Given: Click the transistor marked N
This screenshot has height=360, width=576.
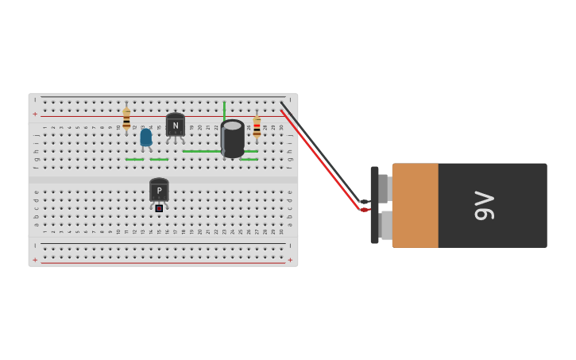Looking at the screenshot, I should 176,125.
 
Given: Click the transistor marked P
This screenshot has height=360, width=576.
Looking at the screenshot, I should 159,190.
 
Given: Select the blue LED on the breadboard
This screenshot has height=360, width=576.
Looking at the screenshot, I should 145,137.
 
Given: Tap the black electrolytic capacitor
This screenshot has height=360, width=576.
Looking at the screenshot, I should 233,138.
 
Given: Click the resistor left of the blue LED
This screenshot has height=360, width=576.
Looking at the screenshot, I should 126,119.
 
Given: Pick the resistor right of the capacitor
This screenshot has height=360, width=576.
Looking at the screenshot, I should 257,126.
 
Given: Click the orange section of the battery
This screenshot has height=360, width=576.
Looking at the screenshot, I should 415,205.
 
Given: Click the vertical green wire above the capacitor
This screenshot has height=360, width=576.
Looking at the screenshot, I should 224,110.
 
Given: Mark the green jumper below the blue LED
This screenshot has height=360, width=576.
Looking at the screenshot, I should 159,160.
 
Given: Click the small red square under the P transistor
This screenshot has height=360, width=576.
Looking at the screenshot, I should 159,208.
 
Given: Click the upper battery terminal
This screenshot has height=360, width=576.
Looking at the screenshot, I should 384,188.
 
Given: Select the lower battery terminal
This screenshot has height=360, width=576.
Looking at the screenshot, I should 385,225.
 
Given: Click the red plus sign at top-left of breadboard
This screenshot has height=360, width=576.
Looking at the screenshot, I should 35,114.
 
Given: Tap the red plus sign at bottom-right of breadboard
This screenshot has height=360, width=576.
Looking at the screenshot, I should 289,260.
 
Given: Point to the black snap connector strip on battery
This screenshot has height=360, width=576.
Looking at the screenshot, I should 374,205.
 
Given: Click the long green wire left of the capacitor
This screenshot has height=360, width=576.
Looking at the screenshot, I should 201,151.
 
